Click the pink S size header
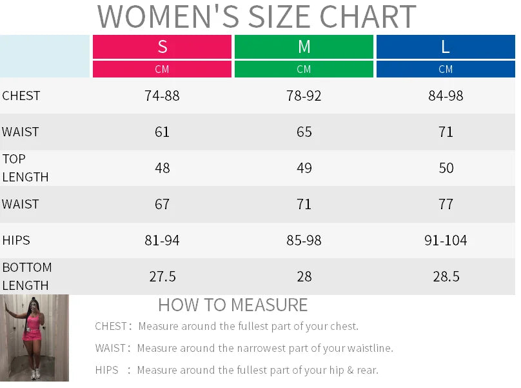click(x=162, y=47)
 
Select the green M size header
click(x=304, y=47)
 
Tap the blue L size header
click(x=446, y=47)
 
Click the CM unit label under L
click(x=446, y=69)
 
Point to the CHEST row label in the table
click(x=21, y=96)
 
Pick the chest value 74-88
click(x=162, y=96)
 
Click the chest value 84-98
click(x=446, y=96)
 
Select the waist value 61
click(x=162, y=132)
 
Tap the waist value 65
click(x=304, y=132)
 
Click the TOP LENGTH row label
click(x=25, y=168)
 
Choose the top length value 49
click(x=304, y=168)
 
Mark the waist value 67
click(x=162, y=205)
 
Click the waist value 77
click(x=446, y=205)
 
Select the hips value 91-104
click(x=446, y=241)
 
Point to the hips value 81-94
click(x=162, y=241)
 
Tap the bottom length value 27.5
click(x=162, y=277)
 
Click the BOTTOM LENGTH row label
click(x=26, y=276)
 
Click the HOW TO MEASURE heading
click(x=233, y=305)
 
